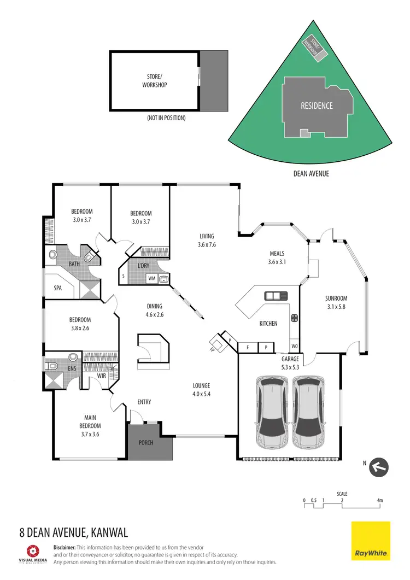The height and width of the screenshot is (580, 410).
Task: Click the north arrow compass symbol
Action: pyautogui.click(x=379, y=467)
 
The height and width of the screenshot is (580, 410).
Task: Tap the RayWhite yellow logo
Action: pyautogui.click(x=371, y=540)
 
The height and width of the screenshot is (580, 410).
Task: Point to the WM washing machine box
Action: pyautogui.click(x=151, y=278)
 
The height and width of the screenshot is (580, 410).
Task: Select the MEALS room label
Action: pyautogui.click(x=277, y=253)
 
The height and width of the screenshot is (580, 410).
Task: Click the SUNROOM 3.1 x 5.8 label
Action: pyautogui.click(x=336, y=302)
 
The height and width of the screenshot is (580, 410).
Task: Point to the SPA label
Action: pyautogui.click(x=57, y=287)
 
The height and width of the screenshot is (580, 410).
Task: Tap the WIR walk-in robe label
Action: pyautogui.click(x=101, y=376)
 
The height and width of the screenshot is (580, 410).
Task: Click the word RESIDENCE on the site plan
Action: pyautogui.click(x=317, y=106)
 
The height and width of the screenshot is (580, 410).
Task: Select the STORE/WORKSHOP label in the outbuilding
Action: pyautogui.click(x=154, y=81)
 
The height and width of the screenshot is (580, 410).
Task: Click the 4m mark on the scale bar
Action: pyautogui.click(x=379, y=500)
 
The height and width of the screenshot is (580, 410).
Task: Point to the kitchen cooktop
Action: pyautogui.click(x=294, y=317)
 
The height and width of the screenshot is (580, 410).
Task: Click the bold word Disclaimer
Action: pyautogui.click(x=65, y=547)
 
